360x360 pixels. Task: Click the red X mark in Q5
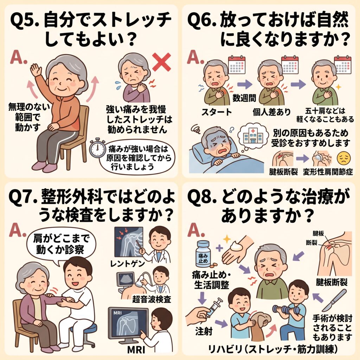(162, 62)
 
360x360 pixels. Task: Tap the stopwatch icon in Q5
(97, 148)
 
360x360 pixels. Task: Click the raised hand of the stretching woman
(36, 70)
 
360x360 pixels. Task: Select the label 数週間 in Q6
(244, 98)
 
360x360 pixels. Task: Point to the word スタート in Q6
(217, 112)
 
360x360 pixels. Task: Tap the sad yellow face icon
(344, 158)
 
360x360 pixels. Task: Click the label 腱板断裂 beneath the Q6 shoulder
(284, 172)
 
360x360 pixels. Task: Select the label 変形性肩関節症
(328, 172)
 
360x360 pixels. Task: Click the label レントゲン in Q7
(127, 264)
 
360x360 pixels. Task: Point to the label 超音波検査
(152, 299)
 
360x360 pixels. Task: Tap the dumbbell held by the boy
(286, 310)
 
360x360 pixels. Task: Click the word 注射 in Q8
(204, 331)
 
